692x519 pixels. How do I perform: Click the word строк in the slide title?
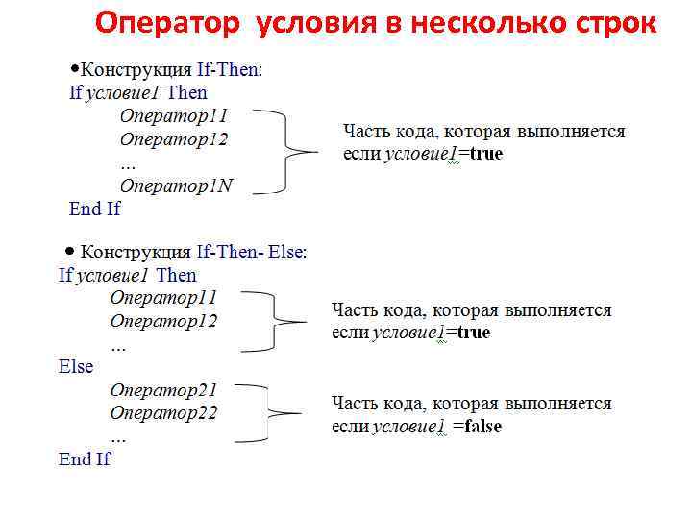[x=608, y=24]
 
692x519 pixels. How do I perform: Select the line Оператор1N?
[x=176, y=185]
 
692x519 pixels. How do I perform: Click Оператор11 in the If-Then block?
[x=173, y=115]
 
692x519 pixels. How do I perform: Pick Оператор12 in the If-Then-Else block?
[x=163, y=321]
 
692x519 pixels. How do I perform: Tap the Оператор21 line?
[x=163, y=390]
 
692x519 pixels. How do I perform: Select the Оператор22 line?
[x=163, y=413]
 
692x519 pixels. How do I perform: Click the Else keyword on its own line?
[x=76, y=366]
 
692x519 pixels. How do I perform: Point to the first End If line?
[x=94, y=208]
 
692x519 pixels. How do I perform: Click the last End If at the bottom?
[x=85, y=458]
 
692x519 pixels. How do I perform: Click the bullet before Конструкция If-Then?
[x=75, y=69]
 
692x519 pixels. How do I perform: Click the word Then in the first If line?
[x=186, y=92]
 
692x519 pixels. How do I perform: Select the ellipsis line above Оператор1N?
[x=128, y=162]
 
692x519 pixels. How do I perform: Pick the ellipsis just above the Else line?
[x=118, y=344]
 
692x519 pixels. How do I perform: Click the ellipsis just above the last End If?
[x=118, y=435]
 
